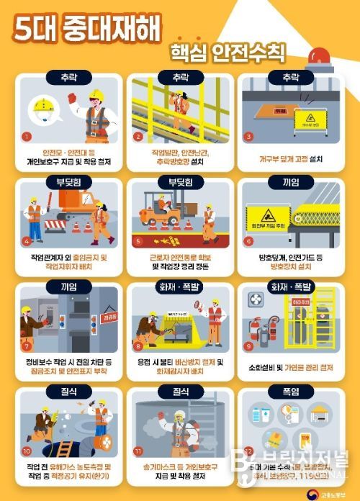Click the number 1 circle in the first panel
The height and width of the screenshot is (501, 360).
(27, 135)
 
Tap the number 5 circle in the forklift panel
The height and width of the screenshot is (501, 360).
(138, 241)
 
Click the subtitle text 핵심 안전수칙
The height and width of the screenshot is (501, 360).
(228, 52)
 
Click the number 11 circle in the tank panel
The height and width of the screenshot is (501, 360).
(138, 452)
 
